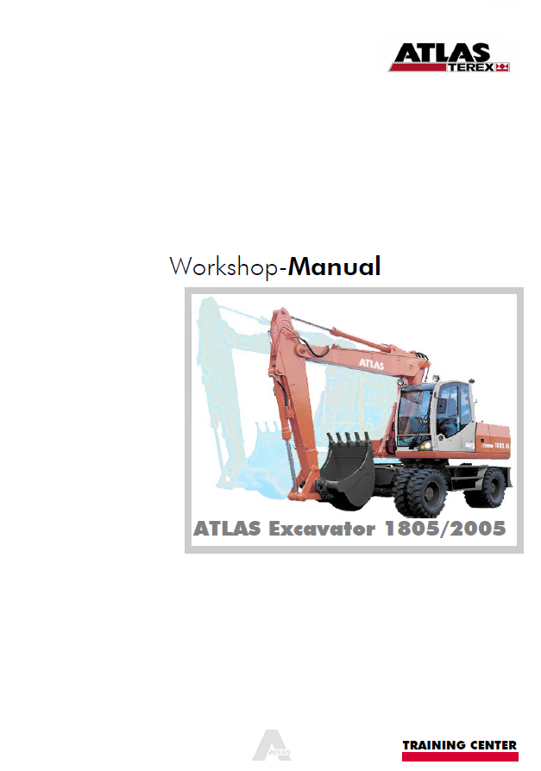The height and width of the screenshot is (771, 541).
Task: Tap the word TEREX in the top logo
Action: click(x=470, y=67)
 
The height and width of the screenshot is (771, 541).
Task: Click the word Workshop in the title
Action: click(x=223, y=266)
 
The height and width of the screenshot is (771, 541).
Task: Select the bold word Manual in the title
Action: click(x=335, y=266)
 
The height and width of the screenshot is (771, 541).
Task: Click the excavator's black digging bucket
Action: click(x=347, y=469)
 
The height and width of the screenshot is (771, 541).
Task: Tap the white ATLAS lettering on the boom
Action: click(x=371, y=364)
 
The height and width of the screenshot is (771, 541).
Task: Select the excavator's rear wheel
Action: click(x=487, y=487)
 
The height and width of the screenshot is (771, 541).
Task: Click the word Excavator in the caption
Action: click(x=322, y=529)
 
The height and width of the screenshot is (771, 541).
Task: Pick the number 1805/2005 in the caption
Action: click(x=445, y=529)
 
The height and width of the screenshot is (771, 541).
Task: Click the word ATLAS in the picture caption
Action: click(x=227, y=529)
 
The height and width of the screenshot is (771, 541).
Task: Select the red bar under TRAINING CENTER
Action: click(x=460, y=756)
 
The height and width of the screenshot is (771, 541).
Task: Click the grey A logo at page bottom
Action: click(x=272, y=745)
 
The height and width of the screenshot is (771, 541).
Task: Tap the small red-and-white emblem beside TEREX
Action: click(x=502, y=67)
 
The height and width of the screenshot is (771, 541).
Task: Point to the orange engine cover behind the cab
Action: click(x=493, y=439)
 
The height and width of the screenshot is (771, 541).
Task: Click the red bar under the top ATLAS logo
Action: click(x=418, y=67)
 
